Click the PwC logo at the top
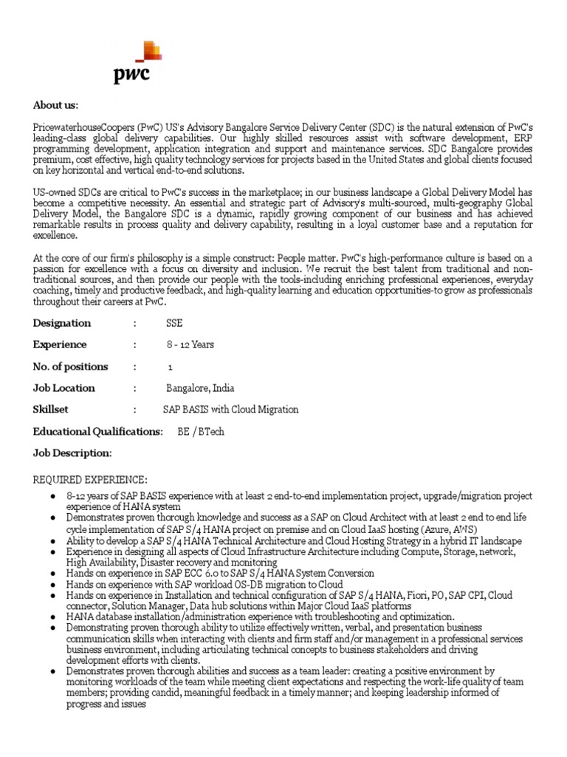137,64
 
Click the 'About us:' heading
55,105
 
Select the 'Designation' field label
62,323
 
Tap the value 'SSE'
174,323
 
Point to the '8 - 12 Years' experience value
190,344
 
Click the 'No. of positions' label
70,366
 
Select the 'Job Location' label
64,388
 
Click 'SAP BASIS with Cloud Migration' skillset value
230,410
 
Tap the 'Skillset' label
55,410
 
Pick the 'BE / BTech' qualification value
201,431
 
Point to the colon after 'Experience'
135,344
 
